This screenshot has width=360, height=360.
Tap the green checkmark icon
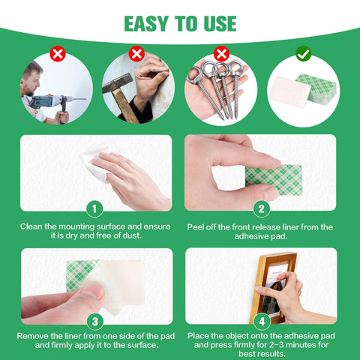pos(303,54)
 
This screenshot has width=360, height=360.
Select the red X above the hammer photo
pos(136,54)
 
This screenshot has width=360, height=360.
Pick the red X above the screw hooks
pos(220,54)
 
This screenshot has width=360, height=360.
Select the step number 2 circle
pos(262,208)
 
